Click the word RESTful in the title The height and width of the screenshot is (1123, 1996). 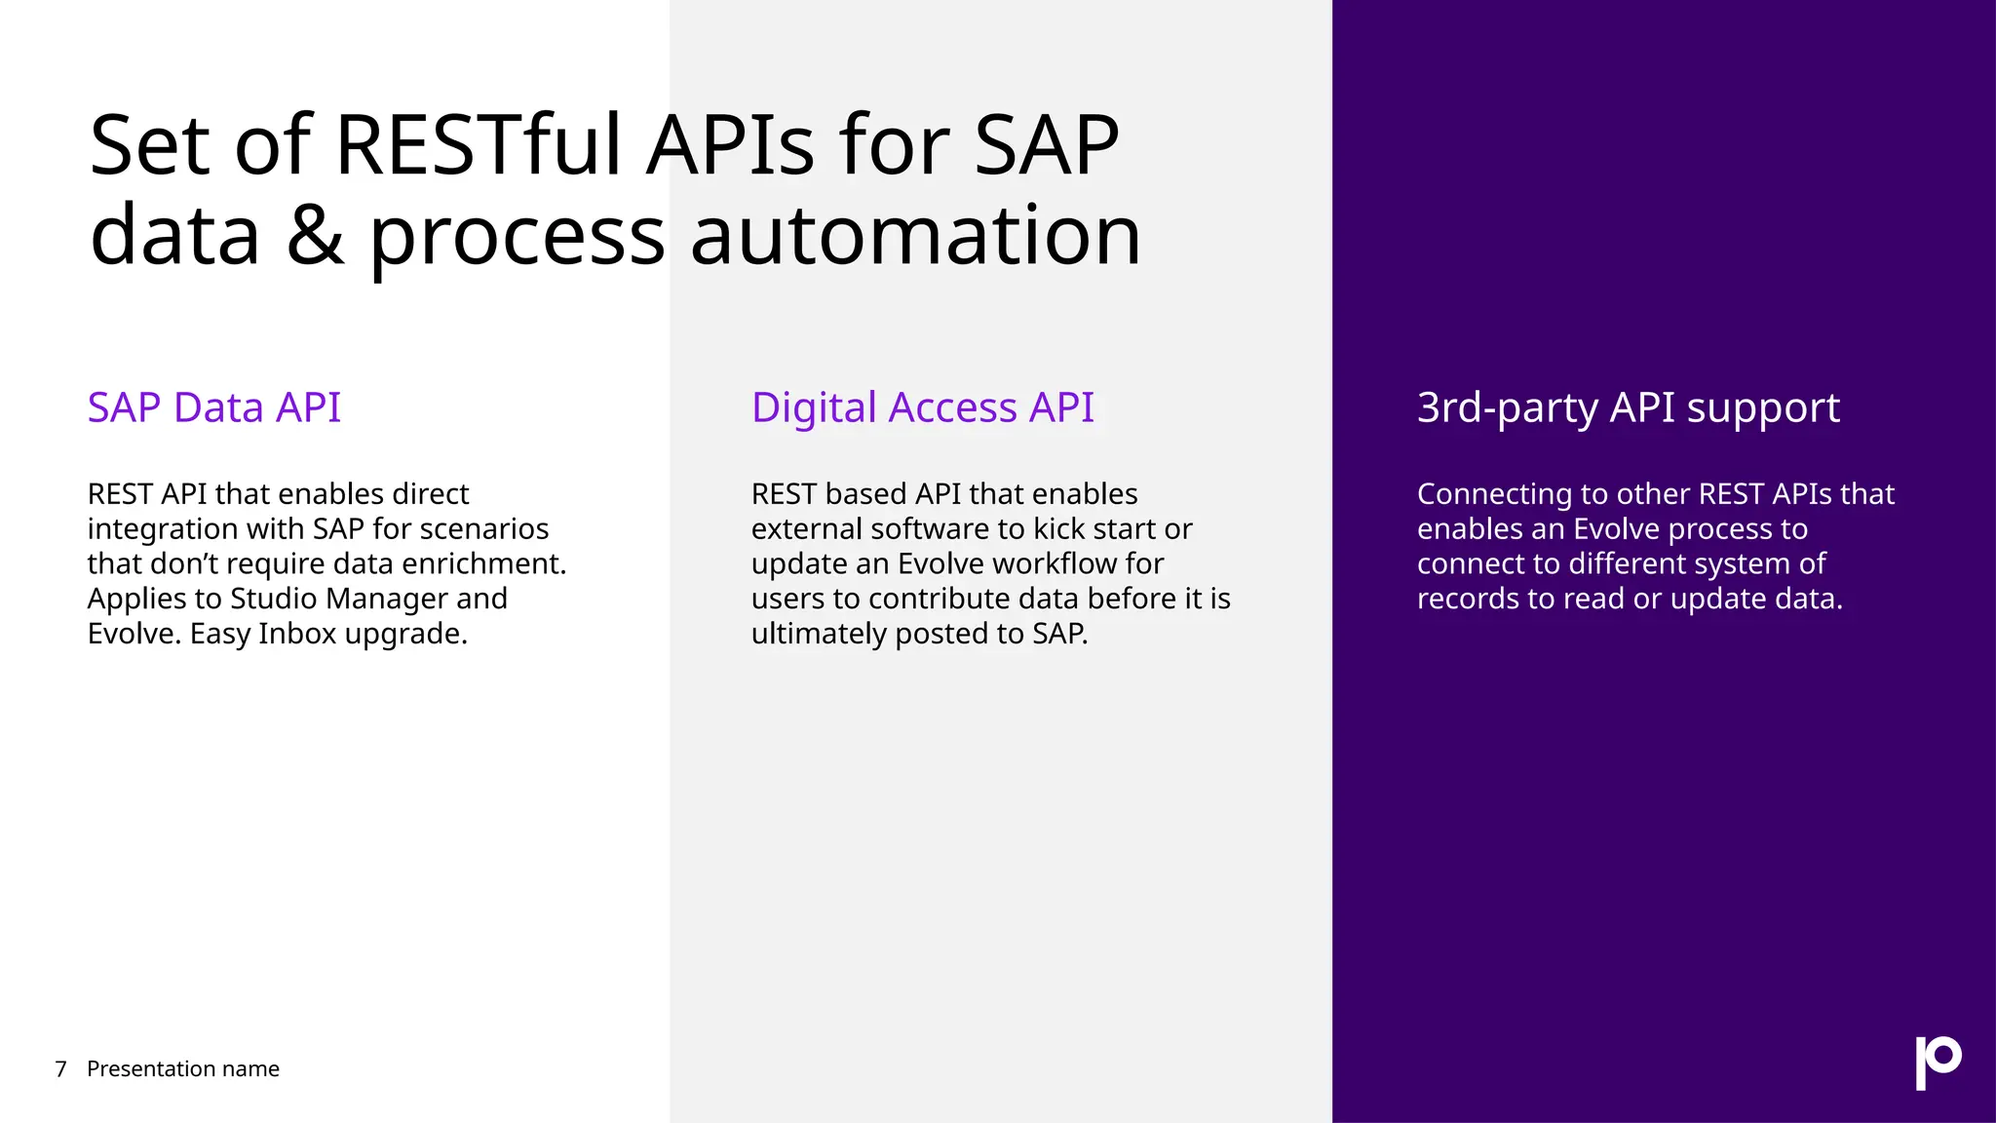[478, 146]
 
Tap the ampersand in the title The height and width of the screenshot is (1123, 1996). [315, 236]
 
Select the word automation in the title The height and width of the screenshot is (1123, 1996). [915, 236]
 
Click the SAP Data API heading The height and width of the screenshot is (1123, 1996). [213, 407]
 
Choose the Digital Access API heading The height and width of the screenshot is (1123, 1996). [922, 407]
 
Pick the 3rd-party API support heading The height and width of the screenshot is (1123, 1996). [1628, 407]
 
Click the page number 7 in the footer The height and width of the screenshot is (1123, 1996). [60, 1069]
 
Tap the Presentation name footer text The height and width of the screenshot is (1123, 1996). [183, 1069]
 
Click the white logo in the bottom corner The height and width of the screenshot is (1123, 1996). [1938, 1063]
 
